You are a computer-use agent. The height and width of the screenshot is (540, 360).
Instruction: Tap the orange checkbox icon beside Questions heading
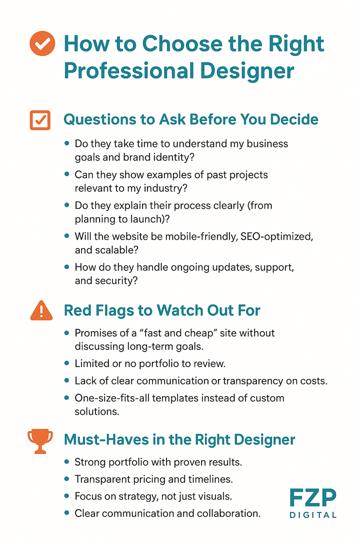[40, 120]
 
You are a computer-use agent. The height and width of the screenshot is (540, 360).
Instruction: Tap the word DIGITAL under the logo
[313, 514]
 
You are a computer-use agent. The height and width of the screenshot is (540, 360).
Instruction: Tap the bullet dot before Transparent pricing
[67, 479]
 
